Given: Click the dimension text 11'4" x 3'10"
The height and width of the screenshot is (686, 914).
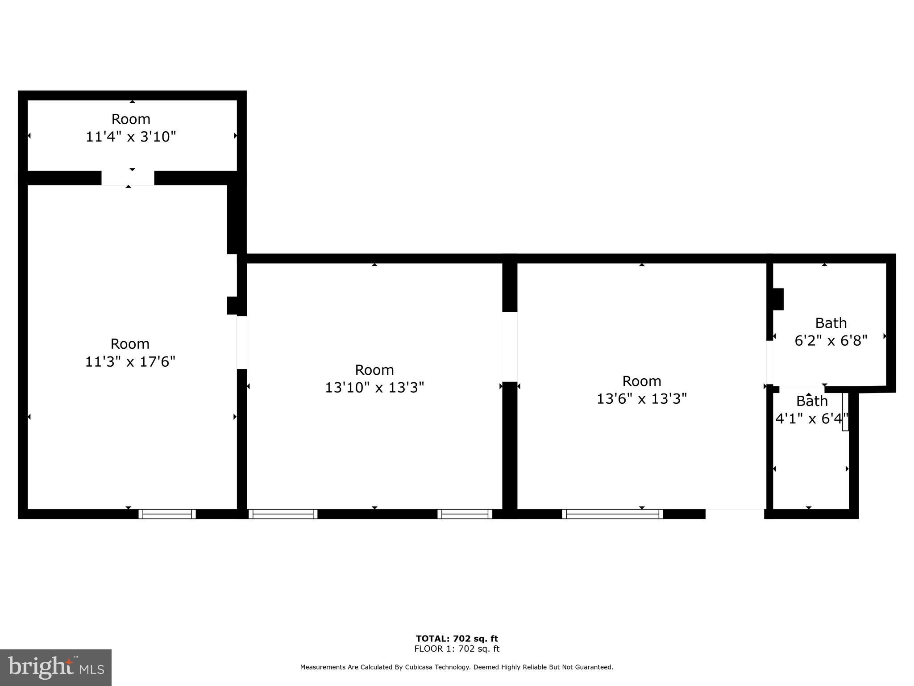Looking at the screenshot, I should click(x=131, y=137).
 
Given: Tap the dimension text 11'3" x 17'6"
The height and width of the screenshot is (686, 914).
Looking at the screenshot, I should click(x=130, y=361).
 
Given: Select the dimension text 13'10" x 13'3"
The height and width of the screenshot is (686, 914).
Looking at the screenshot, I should click(x=374, y=387).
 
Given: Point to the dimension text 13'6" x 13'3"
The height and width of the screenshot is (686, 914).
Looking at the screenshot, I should click(x=641, y=398).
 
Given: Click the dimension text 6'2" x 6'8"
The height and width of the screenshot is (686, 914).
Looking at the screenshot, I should click(x=831, y=341).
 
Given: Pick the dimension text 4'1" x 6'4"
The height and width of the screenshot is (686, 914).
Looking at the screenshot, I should click(x=811, y=419).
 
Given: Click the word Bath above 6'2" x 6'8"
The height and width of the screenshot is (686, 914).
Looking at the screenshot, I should click(x=831, y=323).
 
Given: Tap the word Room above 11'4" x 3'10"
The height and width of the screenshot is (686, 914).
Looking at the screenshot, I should click(x=131, y=119).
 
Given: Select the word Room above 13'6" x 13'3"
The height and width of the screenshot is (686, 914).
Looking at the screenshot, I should click(x=641, y=381).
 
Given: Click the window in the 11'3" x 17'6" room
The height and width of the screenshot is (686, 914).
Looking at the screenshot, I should click(x=167, y=514).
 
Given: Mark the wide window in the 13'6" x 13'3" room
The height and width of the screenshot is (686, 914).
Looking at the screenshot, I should click(x=612, y=514).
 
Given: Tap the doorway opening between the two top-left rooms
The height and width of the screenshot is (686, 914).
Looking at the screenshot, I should click(x=128, y=178).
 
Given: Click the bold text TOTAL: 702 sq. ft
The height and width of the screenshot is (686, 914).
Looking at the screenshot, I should click(x=457, y=639).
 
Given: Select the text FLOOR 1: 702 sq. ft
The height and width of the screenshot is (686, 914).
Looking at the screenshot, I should click(x=457, y=649).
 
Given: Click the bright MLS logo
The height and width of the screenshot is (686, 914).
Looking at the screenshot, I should click(x=56, y=668).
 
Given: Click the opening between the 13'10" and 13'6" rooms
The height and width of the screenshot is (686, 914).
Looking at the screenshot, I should click(x=510, y=347).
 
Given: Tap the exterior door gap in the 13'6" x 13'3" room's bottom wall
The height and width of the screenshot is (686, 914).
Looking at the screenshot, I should click(x=735, y=514).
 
